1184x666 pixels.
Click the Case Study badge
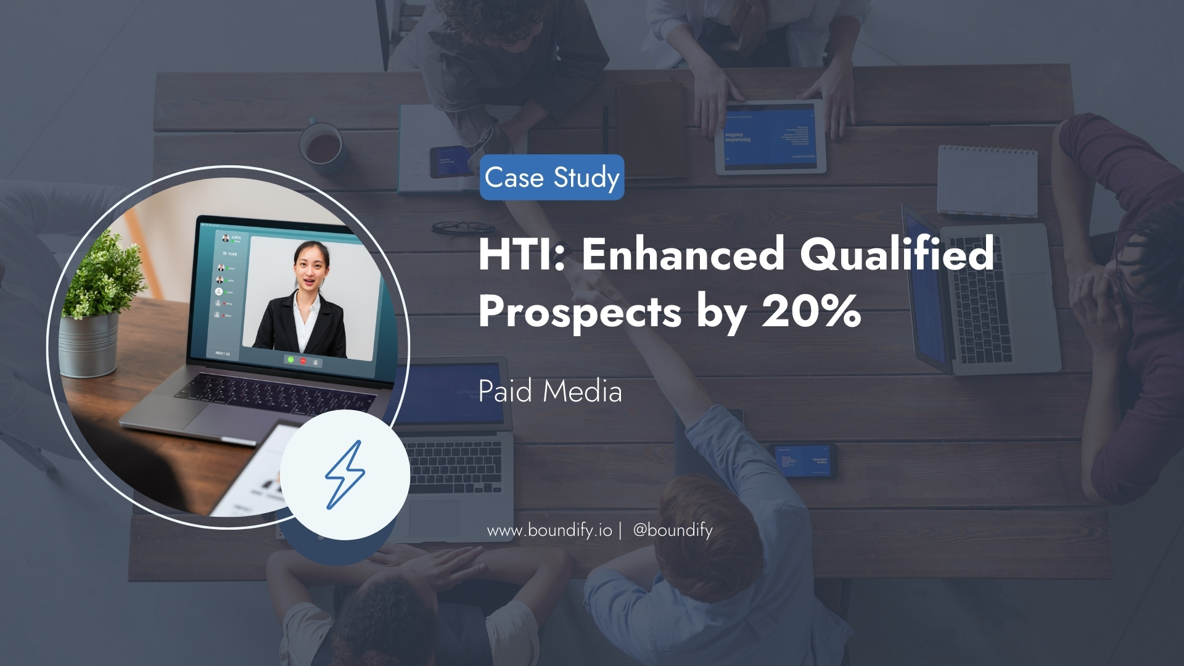pyautogui.click(x=552, y=178)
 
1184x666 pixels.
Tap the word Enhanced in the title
pyautogui.click(x=683, y=254)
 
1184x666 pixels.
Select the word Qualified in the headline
pyautogui.click(x=897, y=254)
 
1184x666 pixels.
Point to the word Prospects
pyautogui.click(x=580, y=311)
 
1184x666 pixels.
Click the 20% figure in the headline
pyautogui.click(x=812, y=311)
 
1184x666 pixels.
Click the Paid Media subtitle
pyautogui.click(x=550, y=391)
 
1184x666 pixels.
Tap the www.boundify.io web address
pyautogui.click(x=549, y=530)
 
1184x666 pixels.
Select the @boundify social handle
pyautogui.click(x=673, y=530)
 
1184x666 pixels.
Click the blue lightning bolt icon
pyautogui.click(x=345, y=475)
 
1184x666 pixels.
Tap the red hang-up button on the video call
pyautogui.click(x=303, y=360)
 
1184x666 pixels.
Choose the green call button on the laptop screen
pyautogui.click(x=290, y=359)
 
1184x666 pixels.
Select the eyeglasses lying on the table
pyautogui.click(x=462, y=227)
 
